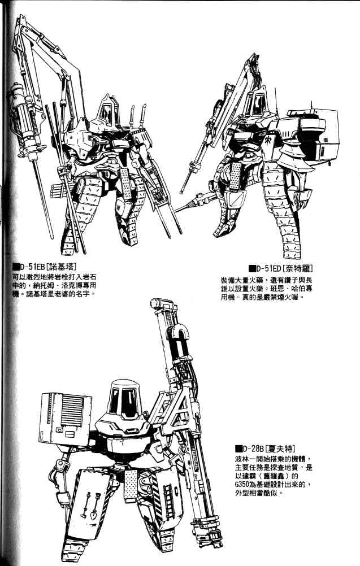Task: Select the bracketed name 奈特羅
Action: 297,268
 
